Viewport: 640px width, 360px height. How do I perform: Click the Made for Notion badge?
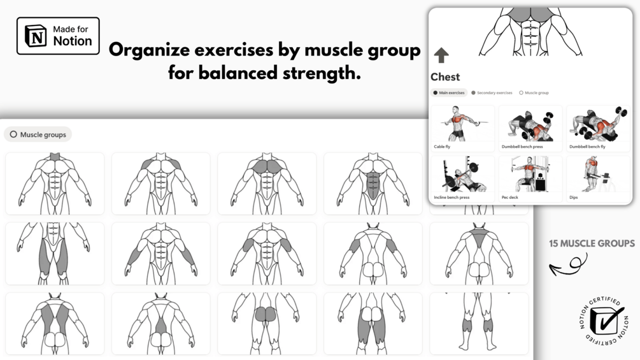click(58, 36)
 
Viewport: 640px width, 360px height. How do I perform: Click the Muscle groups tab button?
click(38, 134)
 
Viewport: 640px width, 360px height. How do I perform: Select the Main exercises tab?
click(449, 92)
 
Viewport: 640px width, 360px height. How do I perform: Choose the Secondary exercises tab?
click(492, 92)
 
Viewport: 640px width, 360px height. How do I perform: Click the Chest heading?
click(445, 76)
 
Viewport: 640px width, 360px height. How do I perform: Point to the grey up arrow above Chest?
click(441, 55)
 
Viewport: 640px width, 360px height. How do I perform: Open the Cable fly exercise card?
click(462, 128)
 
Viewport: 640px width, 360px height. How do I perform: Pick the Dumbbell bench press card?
click(530, 128)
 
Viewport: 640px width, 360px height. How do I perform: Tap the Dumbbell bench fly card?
click(598, 128)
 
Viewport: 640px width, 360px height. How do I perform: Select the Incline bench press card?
click(462, 178)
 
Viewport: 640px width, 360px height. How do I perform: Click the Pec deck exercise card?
click(530, 178)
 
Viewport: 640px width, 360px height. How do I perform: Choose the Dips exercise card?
click(598, 178)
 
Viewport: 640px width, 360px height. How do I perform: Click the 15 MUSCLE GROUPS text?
click(592, 243)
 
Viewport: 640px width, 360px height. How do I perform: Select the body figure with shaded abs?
click(373, 184)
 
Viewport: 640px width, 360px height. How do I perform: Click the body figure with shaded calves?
click(479, 323)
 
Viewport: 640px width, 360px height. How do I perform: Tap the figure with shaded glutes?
click(267, 323)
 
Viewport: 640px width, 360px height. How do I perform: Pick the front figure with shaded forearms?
click(161, 254)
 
